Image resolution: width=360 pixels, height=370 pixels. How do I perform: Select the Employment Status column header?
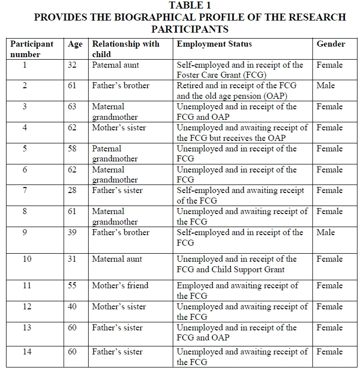coord(214,44)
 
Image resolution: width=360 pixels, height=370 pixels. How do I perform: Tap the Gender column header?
coord(330,44)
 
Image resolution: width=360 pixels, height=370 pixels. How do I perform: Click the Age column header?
coord(75,44)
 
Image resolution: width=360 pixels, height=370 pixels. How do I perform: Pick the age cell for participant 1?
coord(72,65)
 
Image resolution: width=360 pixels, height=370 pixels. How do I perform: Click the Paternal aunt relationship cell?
coord(116,65)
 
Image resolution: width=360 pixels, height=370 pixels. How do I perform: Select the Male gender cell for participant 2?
coord(325,86)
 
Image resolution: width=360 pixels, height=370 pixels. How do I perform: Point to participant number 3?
coord(25,107)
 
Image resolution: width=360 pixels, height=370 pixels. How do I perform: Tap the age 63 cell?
coord(72,107)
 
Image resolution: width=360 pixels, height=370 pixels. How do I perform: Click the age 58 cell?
coord(72,149)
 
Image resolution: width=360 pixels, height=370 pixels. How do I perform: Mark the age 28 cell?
coord(72,191)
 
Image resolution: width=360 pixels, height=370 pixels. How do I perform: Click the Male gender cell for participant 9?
coord(325,233)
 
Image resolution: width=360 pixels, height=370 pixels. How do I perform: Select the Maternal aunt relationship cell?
coord(117,259)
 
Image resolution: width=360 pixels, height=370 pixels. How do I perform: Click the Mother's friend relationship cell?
coord(120,286)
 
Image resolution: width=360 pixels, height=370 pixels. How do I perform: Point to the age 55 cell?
coord(72,286)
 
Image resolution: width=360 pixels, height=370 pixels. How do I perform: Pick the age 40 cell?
coord(72,307)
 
